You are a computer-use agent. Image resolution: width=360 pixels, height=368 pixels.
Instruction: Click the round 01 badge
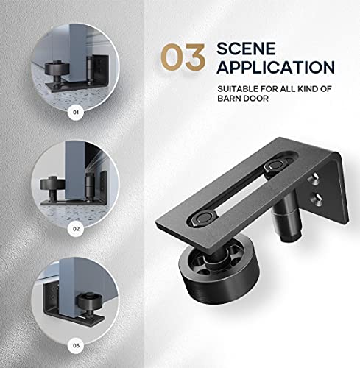pyautogui.click(x=74, y=113)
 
